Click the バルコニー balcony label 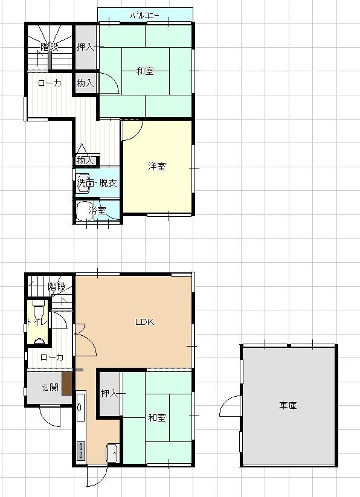pos(144,15)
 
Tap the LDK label pos(144,322)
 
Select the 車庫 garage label pos(288,405)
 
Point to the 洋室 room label pos(157,167)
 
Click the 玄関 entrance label pos(50,387)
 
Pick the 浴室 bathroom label pos(97,211)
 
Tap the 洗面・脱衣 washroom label pos(97,183)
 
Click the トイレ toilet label pos(37,322)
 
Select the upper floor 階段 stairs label pos(50,47)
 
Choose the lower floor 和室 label pos(157,417)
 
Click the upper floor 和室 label pos(145,71)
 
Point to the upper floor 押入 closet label pos(85,47)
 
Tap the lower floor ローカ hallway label pos(52,358)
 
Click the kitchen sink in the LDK pos(112,453)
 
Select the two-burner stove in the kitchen pos(81,451)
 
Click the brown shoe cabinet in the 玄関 pos(67,383)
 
